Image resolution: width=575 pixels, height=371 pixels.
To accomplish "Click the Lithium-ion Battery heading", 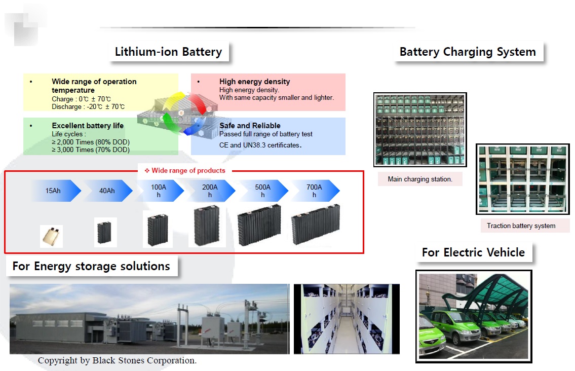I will pyautogui.click(x=168, y=52).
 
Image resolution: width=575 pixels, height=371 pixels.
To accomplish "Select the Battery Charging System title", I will pyautogui.click(x=467, y=52).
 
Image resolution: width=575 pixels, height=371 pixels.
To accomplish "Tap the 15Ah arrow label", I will pyautogui.click(x=53, y=191).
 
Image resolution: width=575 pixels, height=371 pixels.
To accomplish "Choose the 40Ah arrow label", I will pyautogui.click(x=107, y=191).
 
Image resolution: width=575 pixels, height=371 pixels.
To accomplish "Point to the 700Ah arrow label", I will pyautogui.click(x=314, y=191).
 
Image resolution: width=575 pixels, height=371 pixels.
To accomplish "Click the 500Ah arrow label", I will pyautogui.click(x=262, y=191).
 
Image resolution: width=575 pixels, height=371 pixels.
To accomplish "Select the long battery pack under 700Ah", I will pyautogui.click(x=315, y=225).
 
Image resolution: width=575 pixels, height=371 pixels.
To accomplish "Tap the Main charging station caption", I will pyautogui.click(x=420, y=179).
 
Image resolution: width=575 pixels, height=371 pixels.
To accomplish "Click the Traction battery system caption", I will pyautogui.click(x=521, y=226).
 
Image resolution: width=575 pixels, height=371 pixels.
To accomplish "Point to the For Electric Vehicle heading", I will pyautogui.click(x=473, y=252).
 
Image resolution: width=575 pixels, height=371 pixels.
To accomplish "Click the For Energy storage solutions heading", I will pyautogui.click(x=91, y=266).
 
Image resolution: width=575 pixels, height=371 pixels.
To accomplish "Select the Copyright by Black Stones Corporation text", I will pyautogui.click(x=117, y=361).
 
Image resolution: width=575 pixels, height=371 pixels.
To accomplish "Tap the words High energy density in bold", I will pyautogui.click(x=254, y=82).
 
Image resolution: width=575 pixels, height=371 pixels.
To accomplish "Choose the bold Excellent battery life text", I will pyautogui.click(x=88, y=126).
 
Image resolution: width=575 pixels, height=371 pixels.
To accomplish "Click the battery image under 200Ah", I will pyautogui.click(x=207, y=226).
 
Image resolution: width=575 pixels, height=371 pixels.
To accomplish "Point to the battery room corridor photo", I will pyautogui.click(x=347, y=319).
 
